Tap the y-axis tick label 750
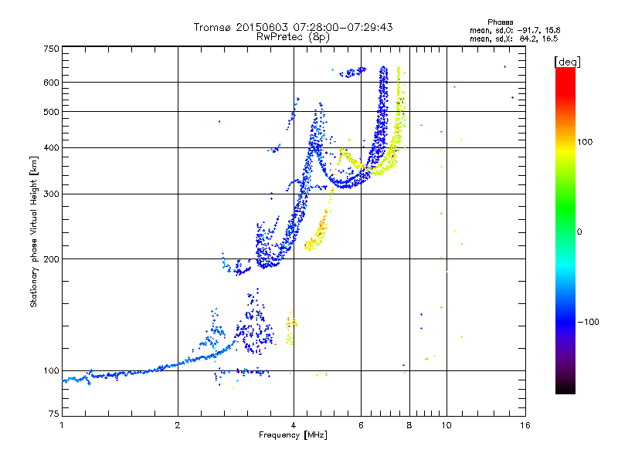tap(51, 49)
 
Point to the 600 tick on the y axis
tap(51, 83)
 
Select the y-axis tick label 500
tap(51, 112)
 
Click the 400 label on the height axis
tap(51, 147)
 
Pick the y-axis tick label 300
tap(51, 194)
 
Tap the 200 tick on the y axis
tap(51, 259)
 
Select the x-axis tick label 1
tap(62, 425)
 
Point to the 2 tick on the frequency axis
tap(178, 425)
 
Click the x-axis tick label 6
tap(362, 425)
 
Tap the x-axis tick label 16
tap(525, 425)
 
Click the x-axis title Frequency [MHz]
tap(293, 436)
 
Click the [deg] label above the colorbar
tap(568, 61)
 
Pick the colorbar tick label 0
tap(579, 231)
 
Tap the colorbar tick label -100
tap(586, 321)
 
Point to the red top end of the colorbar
tap(565, 71)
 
